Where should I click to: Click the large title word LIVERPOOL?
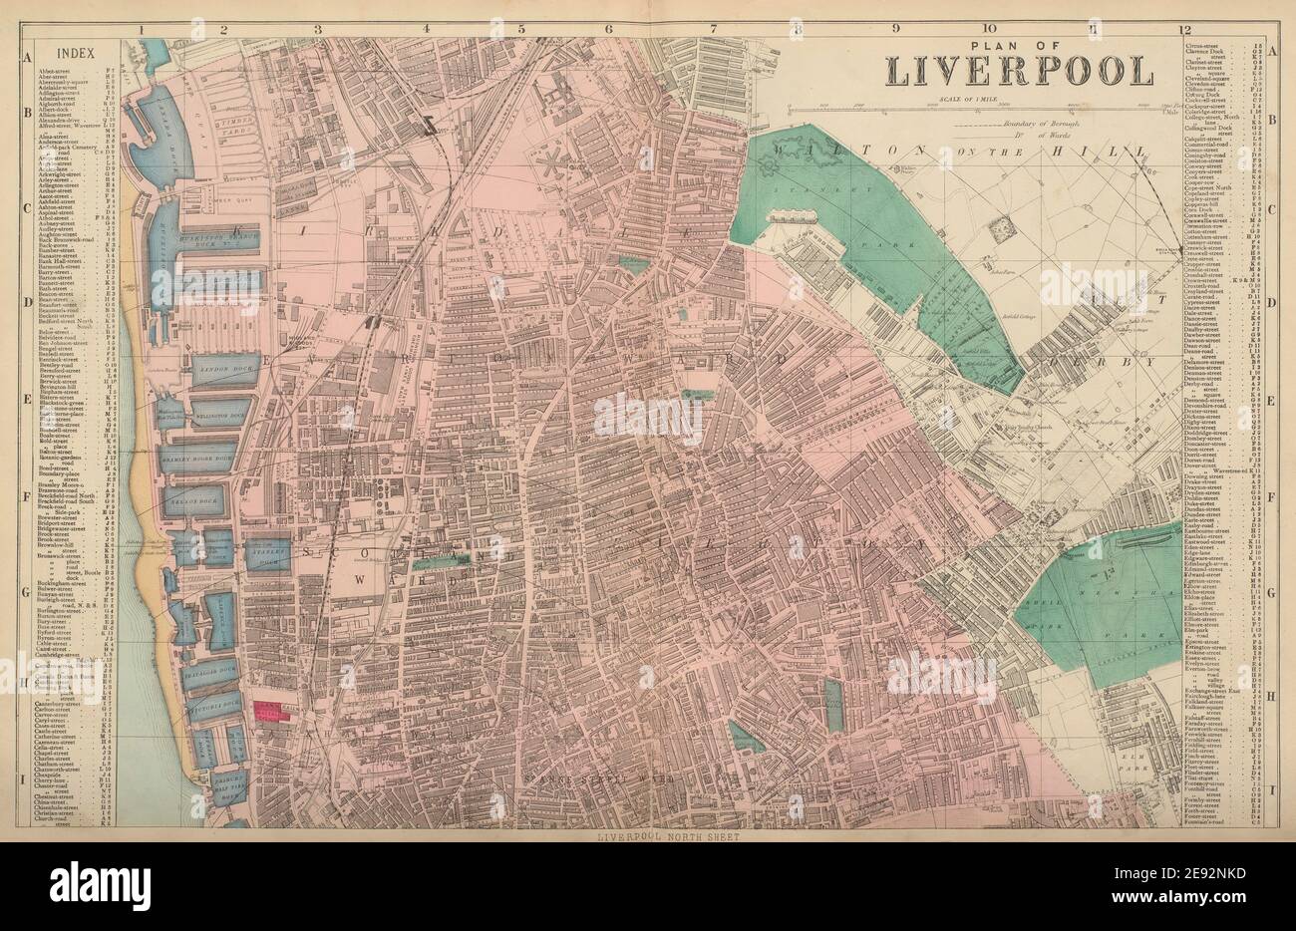[1019, 71]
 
